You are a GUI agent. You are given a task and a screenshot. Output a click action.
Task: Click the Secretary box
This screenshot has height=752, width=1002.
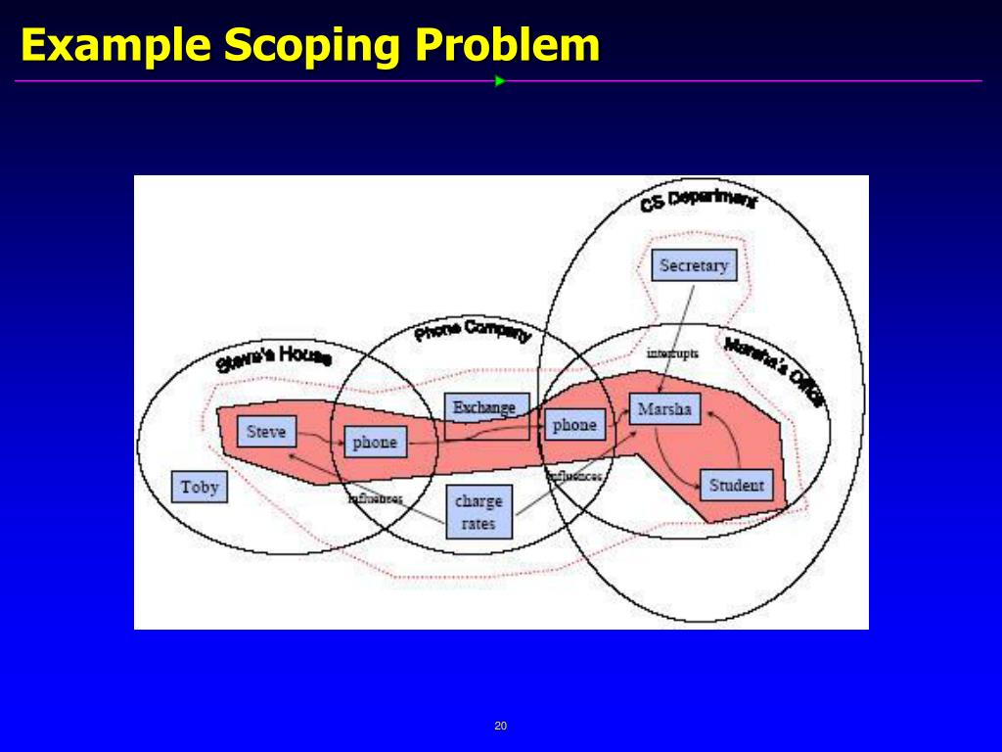point(694,265)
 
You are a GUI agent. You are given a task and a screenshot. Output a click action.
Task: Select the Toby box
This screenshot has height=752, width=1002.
point(200,487)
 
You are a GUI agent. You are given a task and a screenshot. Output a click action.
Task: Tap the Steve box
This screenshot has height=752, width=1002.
point(266,431)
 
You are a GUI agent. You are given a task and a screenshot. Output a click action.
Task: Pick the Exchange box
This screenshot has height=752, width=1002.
point(485,408)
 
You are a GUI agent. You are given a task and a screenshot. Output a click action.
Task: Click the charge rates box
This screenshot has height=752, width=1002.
point(478,512)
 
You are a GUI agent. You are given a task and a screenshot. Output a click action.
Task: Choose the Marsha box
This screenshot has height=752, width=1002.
point(664,409)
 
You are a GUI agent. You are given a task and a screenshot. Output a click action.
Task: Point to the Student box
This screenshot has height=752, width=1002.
point(736,485)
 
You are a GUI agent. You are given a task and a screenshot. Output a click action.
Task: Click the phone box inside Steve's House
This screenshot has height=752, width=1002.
point(375,443)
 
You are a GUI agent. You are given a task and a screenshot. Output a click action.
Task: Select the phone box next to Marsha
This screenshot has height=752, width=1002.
point(574,425)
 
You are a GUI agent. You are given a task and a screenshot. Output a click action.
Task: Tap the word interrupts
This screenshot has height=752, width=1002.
point(672,352)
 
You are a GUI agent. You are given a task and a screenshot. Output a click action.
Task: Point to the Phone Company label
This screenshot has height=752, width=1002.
point(472,332)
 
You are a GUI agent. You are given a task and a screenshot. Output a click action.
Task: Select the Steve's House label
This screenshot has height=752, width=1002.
point(273,357)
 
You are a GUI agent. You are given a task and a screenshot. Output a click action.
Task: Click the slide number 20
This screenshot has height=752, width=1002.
point(501,726)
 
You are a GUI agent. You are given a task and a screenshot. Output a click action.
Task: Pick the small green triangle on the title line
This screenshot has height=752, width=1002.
point(500,80)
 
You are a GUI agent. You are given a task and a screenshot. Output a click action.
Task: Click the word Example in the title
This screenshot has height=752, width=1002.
point(114,45)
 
